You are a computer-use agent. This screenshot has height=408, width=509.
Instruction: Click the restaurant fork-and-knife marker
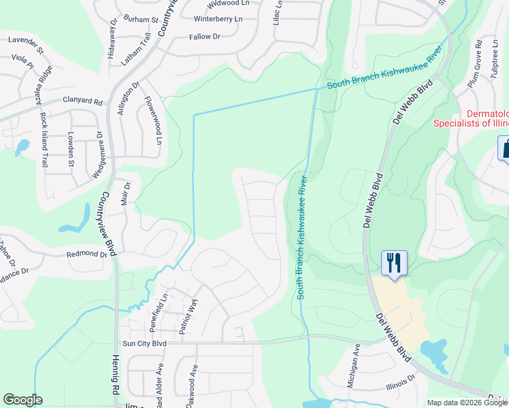(x=394, y=262)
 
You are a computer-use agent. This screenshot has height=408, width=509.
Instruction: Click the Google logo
(x=23, y=400)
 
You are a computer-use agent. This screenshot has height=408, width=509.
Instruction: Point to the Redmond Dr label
(x=86, y=254)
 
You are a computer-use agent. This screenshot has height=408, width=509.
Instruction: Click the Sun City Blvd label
(x=144, y=344)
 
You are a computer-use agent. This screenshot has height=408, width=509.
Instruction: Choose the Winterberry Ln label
(x=218, y=19)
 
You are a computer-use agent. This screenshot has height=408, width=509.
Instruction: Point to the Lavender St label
(x=26, y=45)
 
